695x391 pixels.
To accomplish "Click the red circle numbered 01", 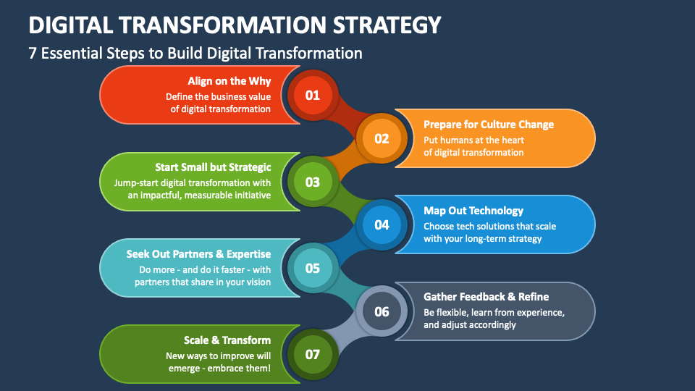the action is pyautogui.click(x=313, y=96).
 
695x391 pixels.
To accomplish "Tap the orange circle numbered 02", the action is pyautogui.click(x=382, y=139).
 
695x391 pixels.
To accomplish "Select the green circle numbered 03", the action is pyautogui.click(x=313, y=182).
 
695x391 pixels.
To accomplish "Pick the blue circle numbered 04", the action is pyautogui.click(x=382, y=224).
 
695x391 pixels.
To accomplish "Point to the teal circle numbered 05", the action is pyautogui.click(x=313, y=268).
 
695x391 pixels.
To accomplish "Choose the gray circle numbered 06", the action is pyautogui.click(x=382, y=311).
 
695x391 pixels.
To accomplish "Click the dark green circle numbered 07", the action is pyautogui.click(x=313, y=354).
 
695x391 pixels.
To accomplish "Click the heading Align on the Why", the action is pyautogui.click(x=229, y=81).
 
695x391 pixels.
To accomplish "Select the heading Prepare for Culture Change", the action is pyautogui.click(x=489, y=125).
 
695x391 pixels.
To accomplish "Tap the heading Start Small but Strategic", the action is pyautogui.click(x=213, y=167).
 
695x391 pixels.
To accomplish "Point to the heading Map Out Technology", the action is pyautogui.click(x=473, y=211).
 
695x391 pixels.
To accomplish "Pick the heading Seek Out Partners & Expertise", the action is pyautogui.click(x=198, y=254).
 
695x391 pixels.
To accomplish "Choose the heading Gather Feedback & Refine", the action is pyautogui.click(x=486, y=297).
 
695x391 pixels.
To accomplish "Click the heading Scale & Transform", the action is pyautogui.click(x=227, y=340).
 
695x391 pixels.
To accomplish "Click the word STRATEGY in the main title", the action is pyautogui.click(x=387, y=25).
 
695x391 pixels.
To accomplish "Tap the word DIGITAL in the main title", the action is pyautogui.click(x=70, y=25).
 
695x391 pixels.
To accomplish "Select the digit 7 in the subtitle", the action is pyautogui.click(x=33, y=53).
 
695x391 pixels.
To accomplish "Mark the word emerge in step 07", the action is pyautogui.click(x=184, y=369).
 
